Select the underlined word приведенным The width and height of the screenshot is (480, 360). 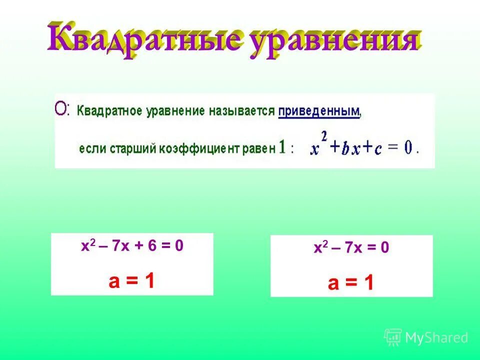tap(318, 110)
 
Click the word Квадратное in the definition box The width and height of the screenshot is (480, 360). tap(109, 111)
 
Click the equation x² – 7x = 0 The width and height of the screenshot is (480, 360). tap(351, 248)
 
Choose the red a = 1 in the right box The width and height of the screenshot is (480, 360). tap(351, 284)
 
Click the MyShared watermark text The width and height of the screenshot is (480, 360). tap(436, 338)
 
